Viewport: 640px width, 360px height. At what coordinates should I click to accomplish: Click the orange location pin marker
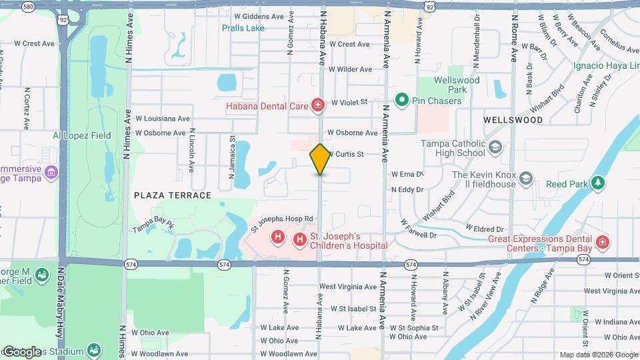320,159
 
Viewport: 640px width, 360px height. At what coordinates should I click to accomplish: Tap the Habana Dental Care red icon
318,105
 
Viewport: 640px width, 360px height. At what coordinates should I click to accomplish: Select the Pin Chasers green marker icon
402,101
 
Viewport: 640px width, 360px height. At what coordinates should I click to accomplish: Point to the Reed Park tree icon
598,182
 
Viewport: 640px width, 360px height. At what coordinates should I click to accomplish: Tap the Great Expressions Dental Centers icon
602,242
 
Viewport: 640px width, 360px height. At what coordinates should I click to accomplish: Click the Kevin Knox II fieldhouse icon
527,179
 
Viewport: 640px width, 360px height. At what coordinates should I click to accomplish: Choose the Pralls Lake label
243,28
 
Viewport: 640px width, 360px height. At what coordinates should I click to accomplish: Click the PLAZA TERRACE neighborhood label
173,195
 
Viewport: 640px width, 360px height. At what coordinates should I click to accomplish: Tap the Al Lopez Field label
82,135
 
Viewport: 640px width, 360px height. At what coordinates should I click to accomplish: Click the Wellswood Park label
457,85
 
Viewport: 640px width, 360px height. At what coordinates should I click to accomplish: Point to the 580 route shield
28,7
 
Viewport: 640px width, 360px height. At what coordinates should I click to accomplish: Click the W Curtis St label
346,154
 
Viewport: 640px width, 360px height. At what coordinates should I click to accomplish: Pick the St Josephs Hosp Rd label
281,219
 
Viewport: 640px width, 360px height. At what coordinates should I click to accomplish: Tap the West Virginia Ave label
347,287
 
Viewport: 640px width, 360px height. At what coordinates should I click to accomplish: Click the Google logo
22,351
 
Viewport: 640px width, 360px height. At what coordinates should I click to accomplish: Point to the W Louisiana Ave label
163,118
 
